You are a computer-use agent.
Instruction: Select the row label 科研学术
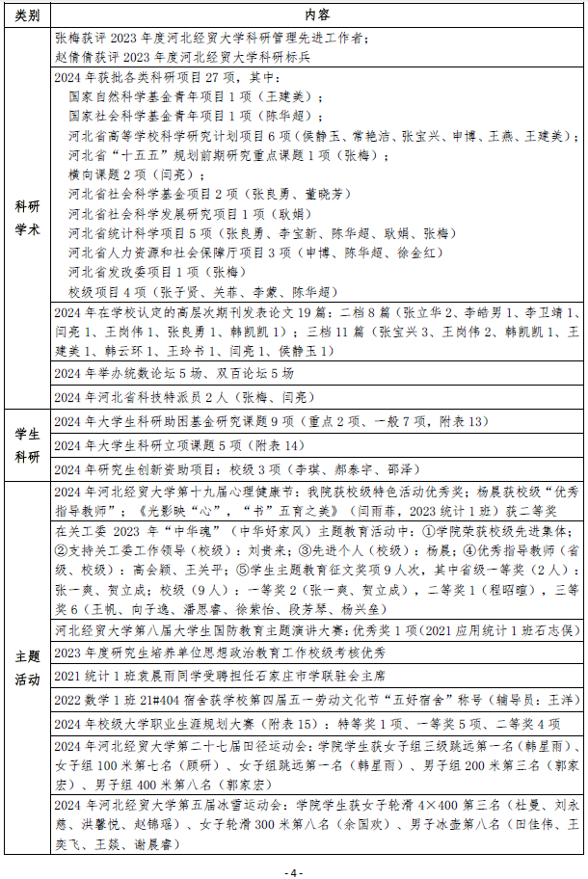(x=27, y=219)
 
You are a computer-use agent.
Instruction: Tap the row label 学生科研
(x=27, y=445)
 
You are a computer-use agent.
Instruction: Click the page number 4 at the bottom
(x=294, y=871)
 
